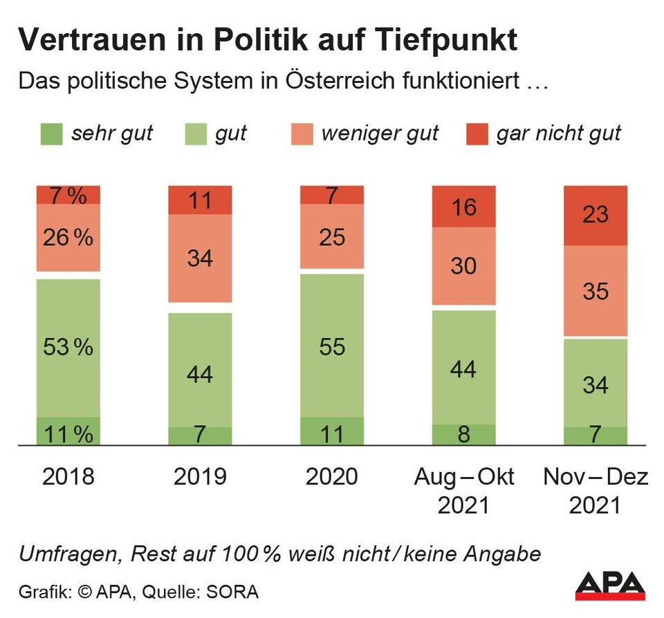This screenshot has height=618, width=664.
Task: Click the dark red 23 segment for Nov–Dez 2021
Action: point(596,215)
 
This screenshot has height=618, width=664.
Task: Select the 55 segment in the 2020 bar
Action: point(332,346)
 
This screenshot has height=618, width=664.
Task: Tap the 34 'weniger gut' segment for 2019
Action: point(200,259)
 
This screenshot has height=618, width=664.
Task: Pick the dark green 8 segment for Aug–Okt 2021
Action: point(463,435)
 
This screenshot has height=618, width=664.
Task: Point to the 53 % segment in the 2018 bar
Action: point(68,347)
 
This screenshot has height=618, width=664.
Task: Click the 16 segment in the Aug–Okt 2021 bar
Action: point(463,206)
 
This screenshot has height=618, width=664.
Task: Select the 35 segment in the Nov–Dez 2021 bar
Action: point(596,291)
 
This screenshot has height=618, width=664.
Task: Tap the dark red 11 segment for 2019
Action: point(200,200)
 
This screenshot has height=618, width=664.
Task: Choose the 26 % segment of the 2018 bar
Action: point(68,238)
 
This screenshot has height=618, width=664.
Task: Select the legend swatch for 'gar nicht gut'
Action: point(477,133)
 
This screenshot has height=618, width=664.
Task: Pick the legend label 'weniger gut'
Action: point(380,133)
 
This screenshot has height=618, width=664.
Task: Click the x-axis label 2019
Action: point(200,477)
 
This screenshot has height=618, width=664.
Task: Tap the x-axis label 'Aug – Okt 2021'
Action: point(463,491)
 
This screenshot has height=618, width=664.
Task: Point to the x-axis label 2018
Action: point(68,477)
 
